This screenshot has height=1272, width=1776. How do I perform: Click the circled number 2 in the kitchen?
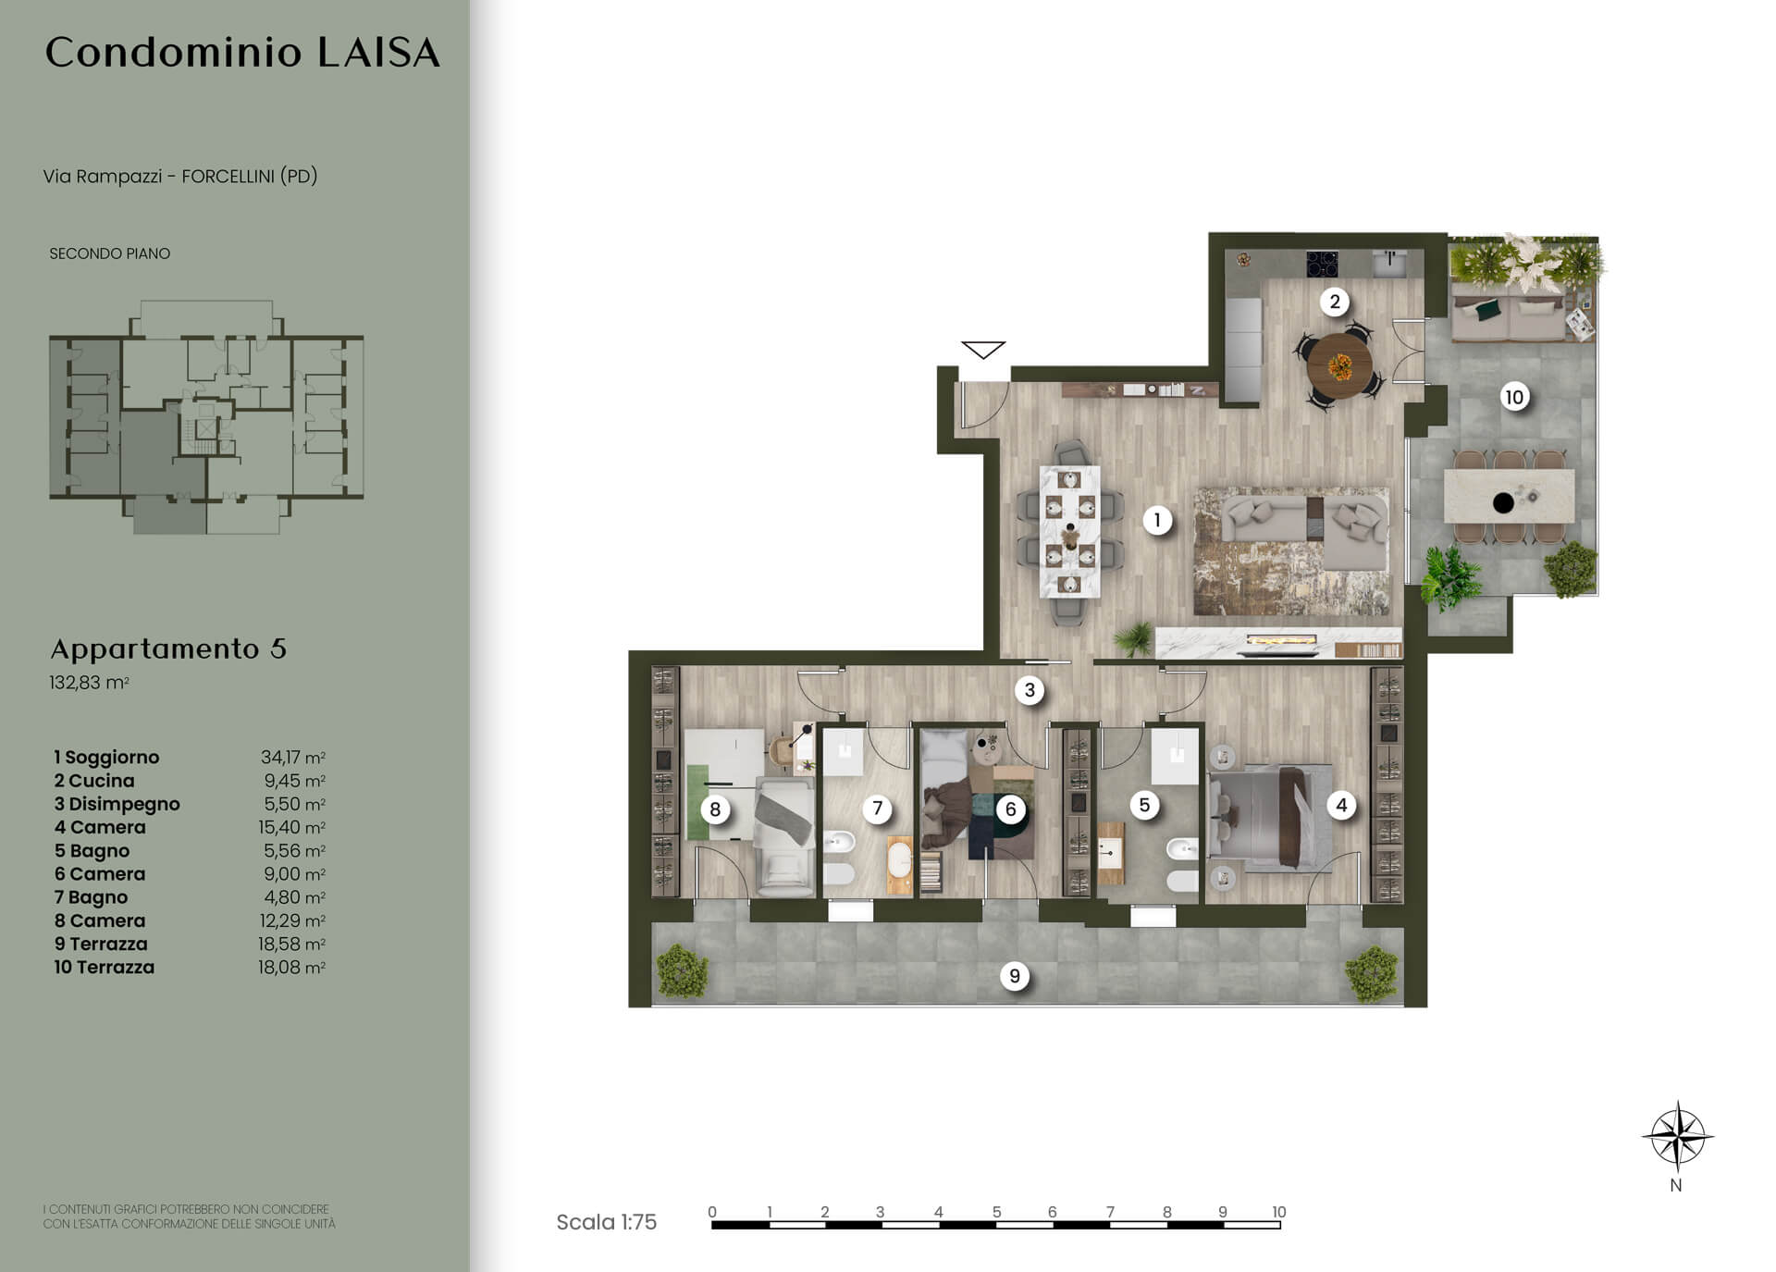pyautogui.click(x=1334, y=301)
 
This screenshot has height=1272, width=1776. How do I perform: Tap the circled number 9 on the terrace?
pyautogui.click(x=1015, y=976)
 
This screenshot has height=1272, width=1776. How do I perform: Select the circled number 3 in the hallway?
pyautogui.click(x=1030, y=689)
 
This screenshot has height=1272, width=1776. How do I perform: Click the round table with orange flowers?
pyautogui.click(x=1339, y=366)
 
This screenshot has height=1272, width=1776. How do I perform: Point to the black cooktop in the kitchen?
pyautogui.click(x=1322, y=264)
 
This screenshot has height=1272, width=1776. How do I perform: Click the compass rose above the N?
pyautogui.click(x=1677, y=1136)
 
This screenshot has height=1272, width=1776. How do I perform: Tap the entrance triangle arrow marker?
pyautogui.click(x=982, y=350)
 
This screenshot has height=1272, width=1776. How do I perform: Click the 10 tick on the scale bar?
pyautogui.click(x=1278, y=1212)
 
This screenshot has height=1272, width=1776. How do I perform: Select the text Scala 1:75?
pyautogui.click(x=606, y=1222)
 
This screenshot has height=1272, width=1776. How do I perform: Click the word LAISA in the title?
pyautogui.click(x=378, y=53)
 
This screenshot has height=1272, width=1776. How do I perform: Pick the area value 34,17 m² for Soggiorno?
pyautogui.click(x=292, y=758)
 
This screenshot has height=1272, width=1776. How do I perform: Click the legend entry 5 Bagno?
pyautogui.click(x=92, y=851)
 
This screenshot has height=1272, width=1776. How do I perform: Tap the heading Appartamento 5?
pyautogui.click(x=168, y=648)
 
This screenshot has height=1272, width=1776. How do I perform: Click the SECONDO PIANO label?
pyautogui.click(x=109, y=253)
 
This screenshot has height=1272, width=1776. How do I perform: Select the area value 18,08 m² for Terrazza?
pyautogui.click(x=291, y=968)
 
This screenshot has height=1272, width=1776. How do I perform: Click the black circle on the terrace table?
pyautogui.click(x=1503, y=502)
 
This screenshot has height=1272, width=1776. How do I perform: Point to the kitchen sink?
pyautogui.click(x=1389, y=263)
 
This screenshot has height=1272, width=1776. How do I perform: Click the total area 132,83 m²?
pyautogui.click(x=89, y=683)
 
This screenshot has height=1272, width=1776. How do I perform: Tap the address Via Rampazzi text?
pyautogui.click(x=103, y=176)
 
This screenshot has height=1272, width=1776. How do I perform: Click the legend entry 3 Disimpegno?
pyautogui.click(x=117, y=805)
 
